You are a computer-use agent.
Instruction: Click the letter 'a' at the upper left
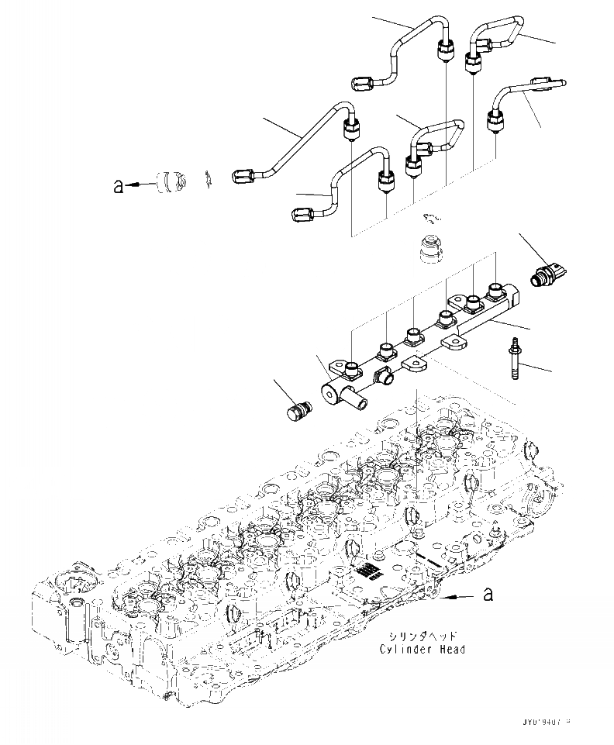[x=118, y=186]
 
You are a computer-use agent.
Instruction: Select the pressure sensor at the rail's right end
[x=548, y=272]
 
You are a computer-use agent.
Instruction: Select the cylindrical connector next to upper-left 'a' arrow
[x=169, y=183]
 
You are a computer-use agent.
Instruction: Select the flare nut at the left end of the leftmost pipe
[x=243, y=176]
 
